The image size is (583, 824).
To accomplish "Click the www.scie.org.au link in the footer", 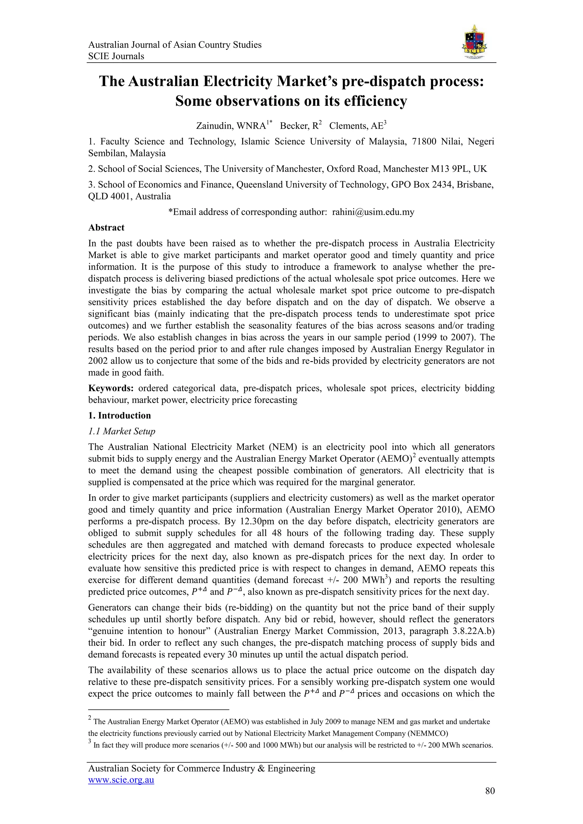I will pyautogui.click(x=121, y=780).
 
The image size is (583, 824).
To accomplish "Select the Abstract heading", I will pyautogui.click(x=106, y=228).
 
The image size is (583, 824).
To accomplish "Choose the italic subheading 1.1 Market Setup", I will pyautogui.click(x=122, y=431).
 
